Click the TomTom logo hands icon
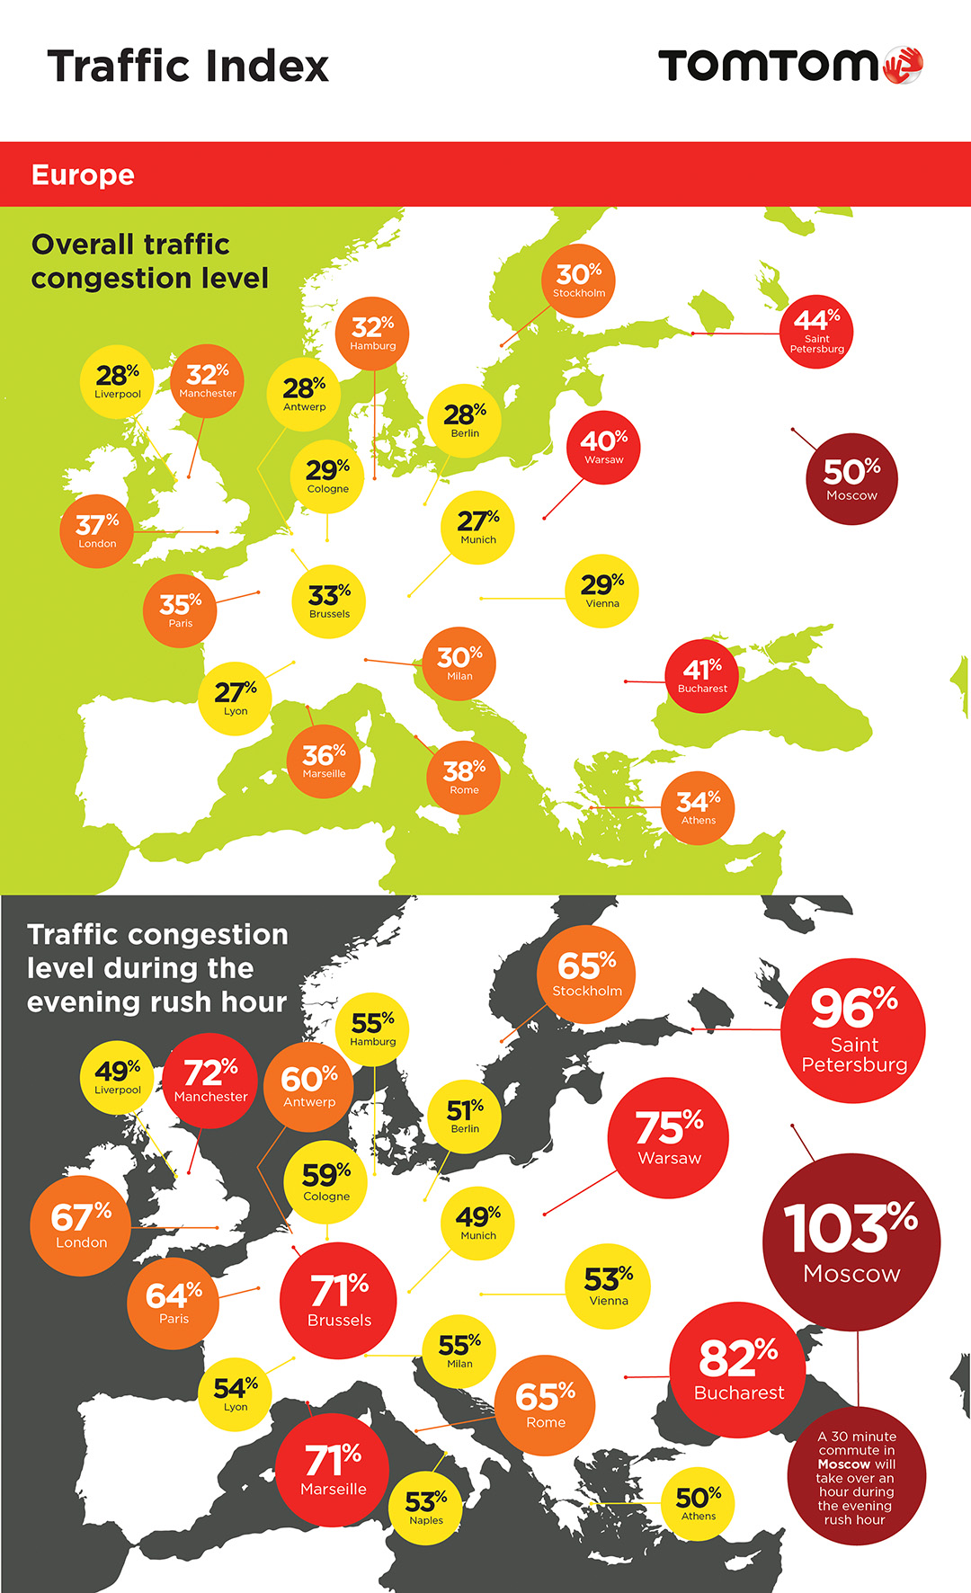pyautogui.click(x=904, y=66)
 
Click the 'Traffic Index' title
pyautogui.click(x=188, y=67)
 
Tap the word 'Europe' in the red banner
pyautogui.click(x=83, y=174)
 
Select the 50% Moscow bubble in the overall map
pyautogui.click(x=851, y=478)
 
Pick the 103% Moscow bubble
pyautogui.click(x=851, y=1241)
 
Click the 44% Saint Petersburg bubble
pyautogui.click(x=816, y=331)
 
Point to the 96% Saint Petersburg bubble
pyautogui.click(x=853, y=1029)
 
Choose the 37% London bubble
pyautogui.click(x=97, y=530)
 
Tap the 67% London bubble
pyautogui.click(x=81, y=1225)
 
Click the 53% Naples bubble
pyautogui.click(x=426, y=1508)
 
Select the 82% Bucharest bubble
pyautogui.click(x=738, y=1369)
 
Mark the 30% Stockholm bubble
pyautogui.click(x=578, y=280)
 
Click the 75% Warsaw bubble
pyautogui.click(x=668, y=1137)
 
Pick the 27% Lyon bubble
pyautogui.click(x=236, y=699)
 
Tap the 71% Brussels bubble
pyautogui.click(x=339, y=1300)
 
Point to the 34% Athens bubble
pyautogui.click(x=698, y=807)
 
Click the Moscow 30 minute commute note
pyautogui.click(x=855, y=1477)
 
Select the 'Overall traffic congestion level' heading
pyautogui.click(x=149, y=261)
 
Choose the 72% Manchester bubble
pyautogui.click(x=210, y=1080)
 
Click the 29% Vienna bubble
pyautogui.click(x=601, y=591)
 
